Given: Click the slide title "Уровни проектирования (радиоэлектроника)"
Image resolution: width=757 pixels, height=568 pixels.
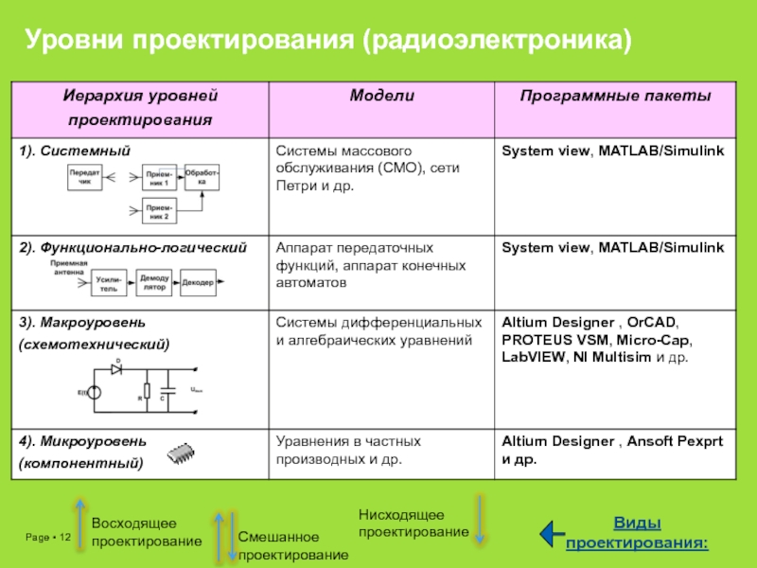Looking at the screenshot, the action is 327,40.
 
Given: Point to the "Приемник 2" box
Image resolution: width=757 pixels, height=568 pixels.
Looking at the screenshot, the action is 159,213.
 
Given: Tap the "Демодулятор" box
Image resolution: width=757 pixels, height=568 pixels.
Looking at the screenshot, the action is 153,283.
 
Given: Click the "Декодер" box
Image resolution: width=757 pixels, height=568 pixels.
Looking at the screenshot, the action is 197,283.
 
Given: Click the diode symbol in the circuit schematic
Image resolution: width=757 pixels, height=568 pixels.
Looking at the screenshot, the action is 116,370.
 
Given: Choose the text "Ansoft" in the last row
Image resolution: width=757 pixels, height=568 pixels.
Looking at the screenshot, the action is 650,442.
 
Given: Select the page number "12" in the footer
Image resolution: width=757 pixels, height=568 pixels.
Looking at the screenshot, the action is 65,539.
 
